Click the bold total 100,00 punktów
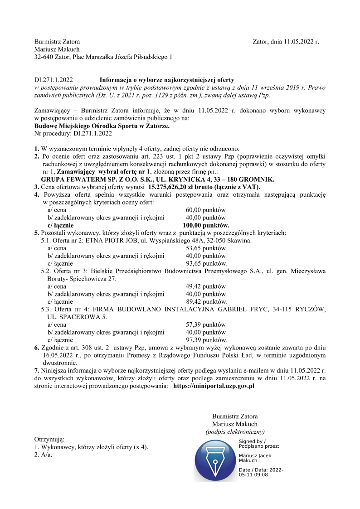point(206,225)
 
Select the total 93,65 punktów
point(207,263)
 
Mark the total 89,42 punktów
point(207,301)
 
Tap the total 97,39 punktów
point(207,340)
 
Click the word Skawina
point(241,241)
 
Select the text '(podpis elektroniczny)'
point(235,431)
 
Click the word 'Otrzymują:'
point(49,439)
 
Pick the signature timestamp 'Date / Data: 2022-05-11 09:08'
point(261,472)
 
